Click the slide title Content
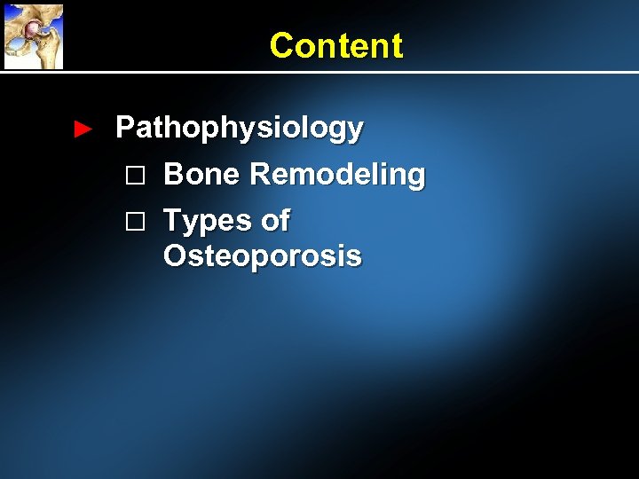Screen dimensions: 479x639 click(x=335, y=45)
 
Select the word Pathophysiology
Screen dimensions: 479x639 click(x=240, y=130)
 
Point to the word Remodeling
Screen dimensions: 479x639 click(x=337, y=175)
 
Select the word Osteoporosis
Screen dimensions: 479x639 click(x=263, y=256)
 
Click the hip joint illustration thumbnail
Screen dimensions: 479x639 click(x=33, y=35)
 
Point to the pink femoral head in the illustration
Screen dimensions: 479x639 click(x=31, y=29)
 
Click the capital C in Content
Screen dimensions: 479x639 click(x=281, y=45)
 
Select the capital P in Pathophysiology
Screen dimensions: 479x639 click(x=125, y=128)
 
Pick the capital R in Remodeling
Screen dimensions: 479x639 click(x=262, y=174)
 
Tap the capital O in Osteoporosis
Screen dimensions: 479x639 click(x=176, y=256)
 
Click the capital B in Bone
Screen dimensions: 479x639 click(x=175, y=174)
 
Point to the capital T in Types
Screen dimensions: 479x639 click(x=174, y=219)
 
